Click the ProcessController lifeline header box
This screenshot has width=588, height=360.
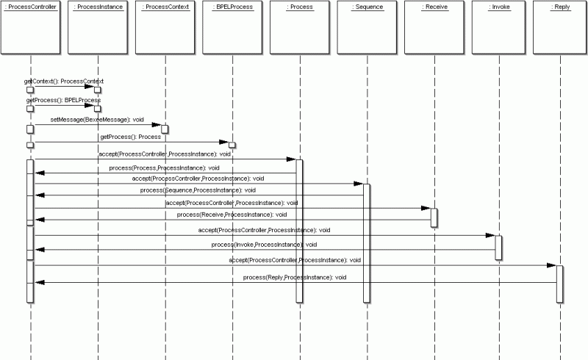(30, 28)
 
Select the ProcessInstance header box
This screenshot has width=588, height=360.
(97, 28)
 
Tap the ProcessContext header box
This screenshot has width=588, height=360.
(165, 28)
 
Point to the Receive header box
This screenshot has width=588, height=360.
(434, 28)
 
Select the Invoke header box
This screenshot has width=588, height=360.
(499, 28)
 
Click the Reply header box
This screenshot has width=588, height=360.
(561, 28)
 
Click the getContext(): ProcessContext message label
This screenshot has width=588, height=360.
(64, 81)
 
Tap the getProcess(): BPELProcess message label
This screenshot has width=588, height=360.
(63, 99)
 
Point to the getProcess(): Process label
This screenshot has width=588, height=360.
(130, 137)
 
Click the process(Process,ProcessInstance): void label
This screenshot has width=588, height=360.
(164, 168)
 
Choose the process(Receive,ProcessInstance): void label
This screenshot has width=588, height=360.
(232, 214)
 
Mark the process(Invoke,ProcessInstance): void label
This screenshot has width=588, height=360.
(264, 244)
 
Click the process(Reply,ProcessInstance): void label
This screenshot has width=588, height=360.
(295, 277)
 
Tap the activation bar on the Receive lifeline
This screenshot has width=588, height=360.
(434, 218)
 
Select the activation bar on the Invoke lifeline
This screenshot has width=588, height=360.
(499, 248)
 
